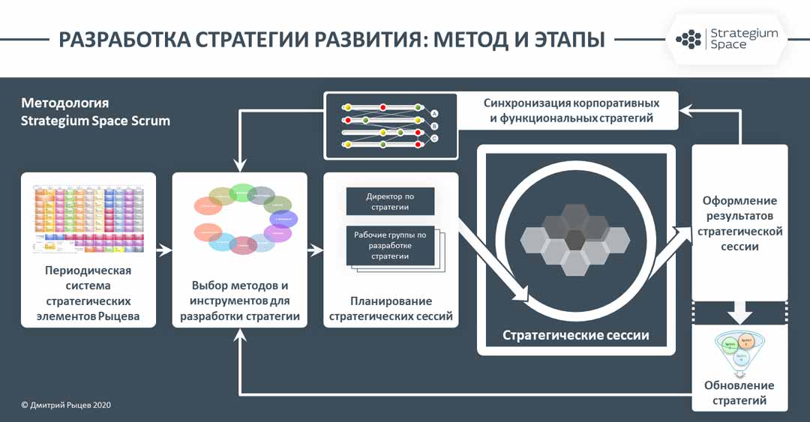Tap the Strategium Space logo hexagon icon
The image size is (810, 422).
pos(688,39)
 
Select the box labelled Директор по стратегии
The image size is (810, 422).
pos(390,201)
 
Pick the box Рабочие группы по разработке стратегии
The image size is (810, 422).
pos(390,245)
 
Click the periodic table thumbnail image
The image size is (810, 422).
pos(88,217)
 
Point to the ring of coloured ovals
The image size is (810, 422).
pos(244,217)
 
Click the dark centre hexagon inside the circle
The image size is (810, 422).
pos(575,239)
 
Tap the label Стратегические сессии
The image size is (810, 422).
pos(575,335)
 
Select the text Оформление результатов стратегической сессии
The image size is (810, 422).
pos(739,223)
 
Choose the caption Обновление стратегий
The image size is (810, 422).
pos(739,393)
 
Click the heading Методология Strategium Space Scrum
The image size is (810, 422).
pos(95,112)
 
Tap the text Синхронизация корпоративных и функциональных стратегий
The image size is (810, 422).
pos(571,110)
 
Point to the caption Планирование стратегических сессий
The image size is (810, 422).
pos(391,309)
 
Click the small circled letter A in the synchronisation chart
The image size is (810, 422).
pos(434,113)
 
